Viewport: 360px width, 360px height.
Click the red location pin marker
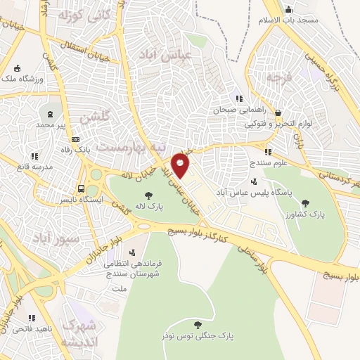click(181, 167)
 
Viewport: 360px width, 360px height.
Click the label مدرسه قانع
click(34, 167)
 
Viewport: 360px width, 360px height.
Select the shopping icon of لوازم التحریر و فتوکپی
click(279, 112)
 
